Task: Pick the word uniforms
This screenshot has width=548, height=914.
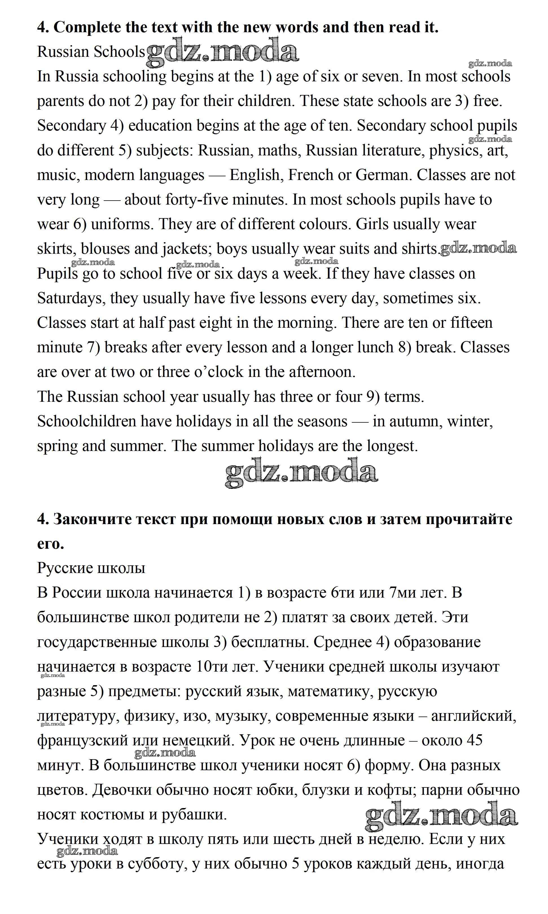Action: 122,224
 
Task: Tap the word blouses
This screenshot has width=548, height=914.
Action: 105,249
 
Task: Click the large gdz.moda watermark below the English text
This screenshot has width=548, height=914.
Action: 301,472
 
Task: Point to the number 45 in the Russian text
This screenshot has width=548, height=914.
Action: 475,740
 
